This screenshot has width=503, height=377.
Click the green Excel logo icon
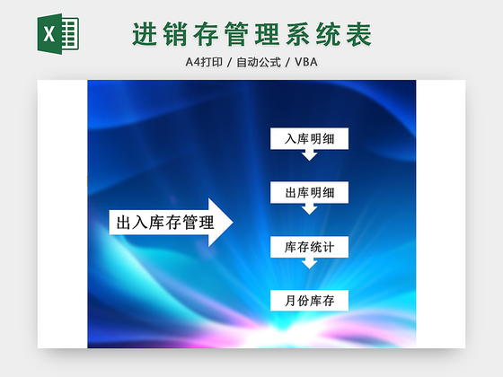pos(58,35)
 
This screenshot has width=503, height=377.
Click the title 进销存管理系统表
pos(251,35)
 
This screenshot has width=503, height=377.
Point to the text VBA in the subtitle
pos(305,62)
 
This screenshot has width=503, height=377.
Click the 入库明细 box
pos(309,139)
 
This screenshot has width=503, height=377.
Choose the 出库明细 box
pos(309,193)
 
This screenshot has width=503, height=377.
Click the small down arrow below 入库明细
pos(309,155)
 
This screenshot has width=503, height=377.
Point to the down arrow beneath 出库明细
pos(309,209)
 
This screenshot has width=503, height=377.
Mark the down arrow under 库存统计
pos(309,263)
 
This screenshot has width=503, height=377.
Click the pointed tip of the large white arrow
pos(231,222)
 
